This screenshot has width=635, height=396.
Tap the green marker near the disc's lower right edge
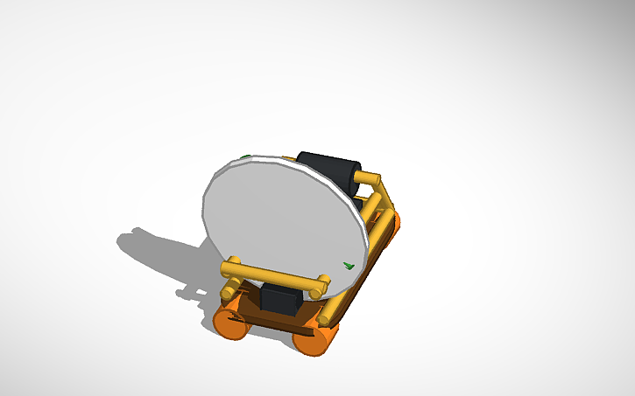[x=348, y=265]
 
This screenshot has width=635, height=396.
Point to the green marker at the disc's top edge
[x=246, y=158]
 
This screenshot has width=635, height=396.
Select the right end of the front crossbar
[x=322, y=283]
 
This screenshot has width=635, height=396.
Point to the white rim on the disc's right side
[x=359, y=219]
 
